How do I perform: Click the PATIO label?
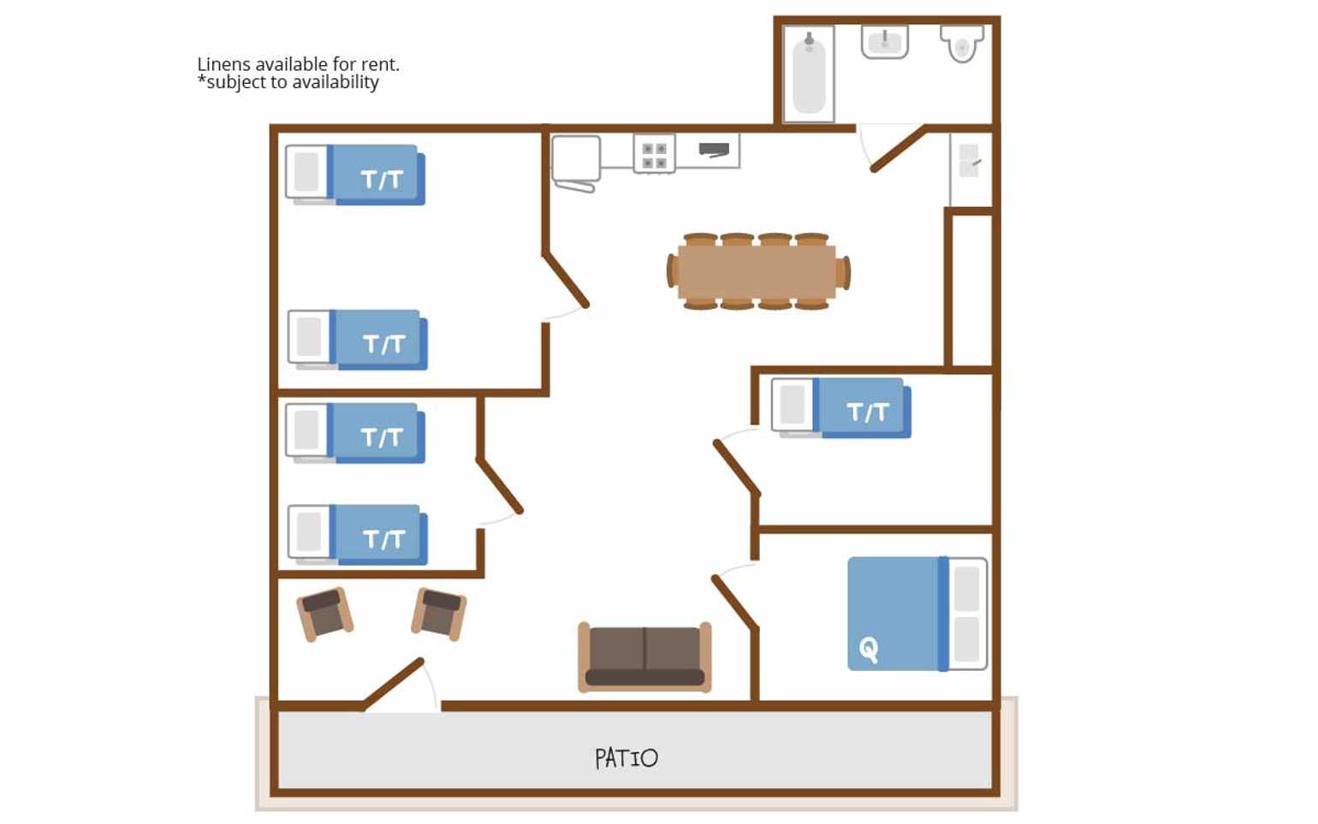point(626,758)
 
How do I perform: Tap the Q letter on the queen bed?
point(869,650)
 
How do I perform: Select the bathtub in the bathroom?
point(809,74)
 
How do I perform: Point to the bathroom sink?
point(884,42)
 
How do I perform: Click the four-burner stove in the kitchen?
point(654,154)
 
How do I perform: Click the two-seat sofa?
point(645,656)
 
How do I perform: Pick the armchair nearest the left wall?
point(325,614)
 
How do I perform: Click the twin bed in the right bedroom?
point(841,408)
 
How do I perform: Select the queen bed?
point(917,614)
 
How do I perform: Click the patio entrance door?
point(393,684)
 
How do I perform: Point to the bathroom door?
point(898,149)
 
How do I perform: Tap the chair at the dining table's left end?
point(671,271)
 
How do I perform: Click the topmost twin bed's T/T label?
point(382,180)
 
